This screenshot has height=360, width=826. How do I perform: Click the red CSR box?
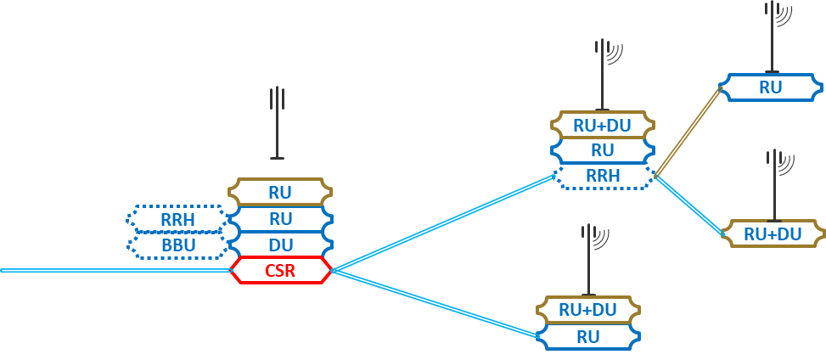point(280,271)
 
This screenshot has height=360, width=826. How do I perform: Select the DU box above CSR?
point(280,245)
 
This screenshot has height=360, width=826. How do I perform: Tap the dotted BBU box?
point(178,245)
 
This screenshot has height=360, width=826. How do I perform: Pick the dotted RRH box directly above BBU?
point(178,219)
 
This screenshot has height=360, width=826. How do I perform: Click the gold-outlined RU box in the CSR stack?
point(280,192)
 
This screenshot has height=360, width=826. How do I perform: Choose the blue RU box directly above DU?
point(280,218)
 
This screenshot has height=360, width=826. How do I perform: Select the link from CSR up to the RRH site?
point(441,223)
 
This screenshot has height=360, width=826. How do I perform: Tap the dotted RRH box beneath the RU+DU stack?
point(604,177)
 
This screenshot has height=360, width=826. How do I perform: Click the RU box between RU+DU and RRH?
point(602,150)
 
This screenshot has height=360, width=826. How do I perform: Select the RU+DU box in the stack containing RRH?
point(602,125)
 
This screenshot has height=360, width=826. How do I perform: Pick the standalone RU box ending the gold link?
point(770,87)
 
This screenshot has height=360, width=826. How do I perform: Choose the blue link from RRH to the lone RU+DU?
point(688,203)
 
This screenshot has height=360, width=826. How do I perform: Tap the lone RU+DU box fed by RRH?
point(773,233)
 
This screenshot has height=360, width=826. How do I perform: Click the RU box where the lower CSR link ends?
point(588,336)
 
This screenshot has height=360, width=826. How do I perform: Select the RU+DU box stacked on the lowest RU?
point(588,310)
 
